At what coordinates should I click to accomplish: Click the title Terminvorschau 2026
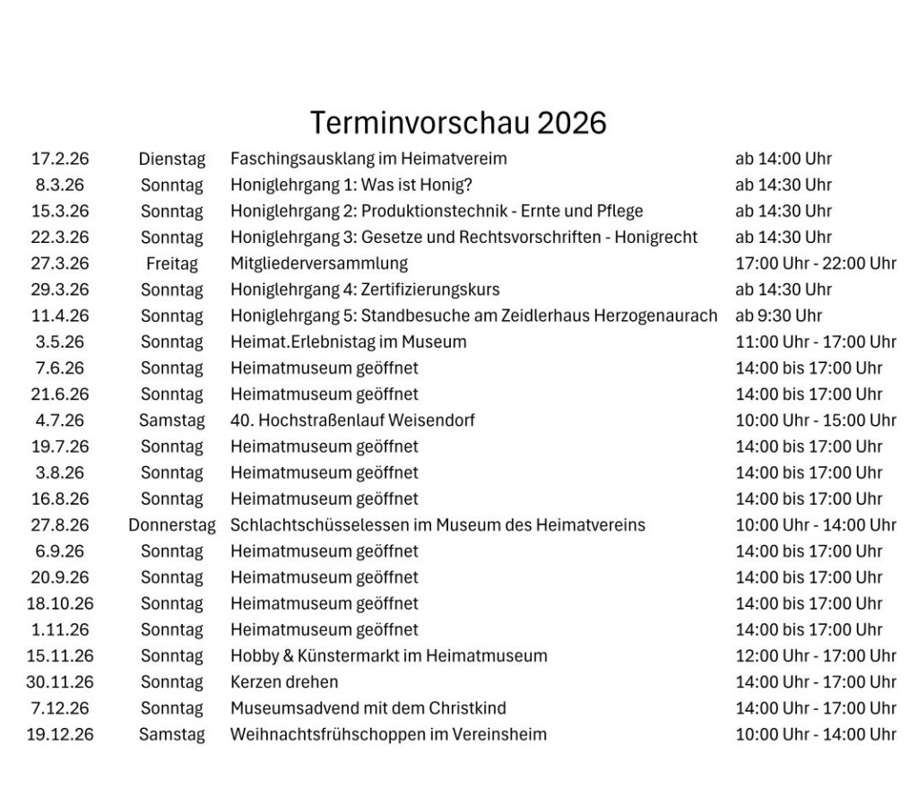click(x=458, y=122)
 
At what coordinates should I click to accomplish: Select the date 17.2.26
click(x=60, y=159)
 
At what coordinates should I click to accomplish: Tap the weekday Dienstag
click(x=172, y=159)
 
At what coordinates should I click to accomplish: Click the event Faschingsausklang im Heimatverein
click(x=368, y=159)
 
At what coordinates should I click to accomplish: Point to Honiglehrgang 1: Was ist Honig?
click(x=351, y=185)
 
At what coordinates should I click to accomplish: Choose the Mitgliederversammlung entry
click(x=319, y=264)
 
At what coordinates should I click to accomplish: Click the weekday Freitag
click(x=172, y=264)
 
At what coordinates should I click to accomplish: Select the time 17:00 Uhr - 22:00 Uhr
click(x=816, y=264)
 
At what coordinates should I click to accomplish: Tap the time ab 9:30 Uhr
click(x=778, y=316)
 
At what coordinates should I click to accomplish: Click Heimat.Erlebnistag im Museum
click(x=349, y=342)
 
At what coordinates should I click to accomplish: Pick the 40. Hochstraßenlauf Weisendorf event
click(x=352, y=420)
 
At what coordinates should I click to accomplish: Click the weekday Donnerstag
click(x=172, y=525)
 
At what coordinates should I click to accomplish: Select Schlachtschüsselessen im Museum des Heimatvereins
click(x=437, y=525)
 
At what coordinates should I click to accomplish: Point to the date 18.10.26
click(x=60, y=603)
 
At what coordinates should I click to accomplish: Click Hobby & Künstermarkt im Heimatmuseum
click(x=388, y=656)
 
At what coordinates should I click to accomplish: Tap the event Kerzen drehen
click(x=284, y=682)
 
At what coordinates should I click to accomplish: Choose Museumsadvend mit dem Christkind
click(x=368, y=708)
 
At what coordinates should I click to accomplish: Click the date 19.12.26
click(x=60, y=734)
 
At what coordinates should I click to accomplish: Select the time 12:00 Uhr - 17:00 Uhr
click(x=816, y=656)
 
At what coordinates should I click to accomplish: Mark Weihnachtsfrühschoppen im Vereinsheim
click(x=388, y=734)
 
